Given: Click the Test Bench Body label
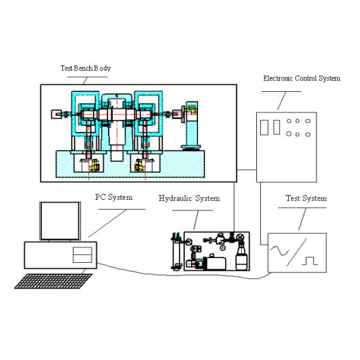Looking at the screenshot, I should [86, 68].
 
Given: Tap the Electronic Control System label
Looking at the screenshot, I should [302, 78].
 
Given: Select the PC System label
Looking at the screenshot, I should [114, 197].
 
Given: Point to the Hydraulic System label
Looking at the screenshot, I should [189, 198].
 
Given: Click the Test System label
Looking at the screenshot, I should [306, 198].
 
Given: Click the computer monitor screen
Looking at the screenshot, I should [59, 220].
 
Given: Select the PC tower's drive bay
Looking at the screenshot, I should [82, 255].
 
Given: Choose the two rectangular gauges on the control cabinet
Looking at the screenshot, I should [271, 127].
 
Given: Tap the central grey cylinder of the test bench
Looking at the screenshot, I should [118, 129].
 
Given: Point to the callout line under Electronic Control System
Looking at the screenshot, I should [281, 91].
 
